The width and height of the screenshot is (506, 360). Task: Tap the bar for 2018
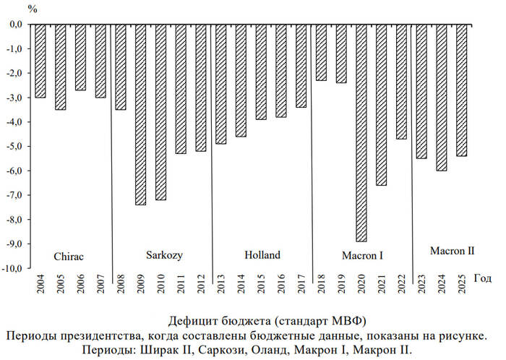(322, 52)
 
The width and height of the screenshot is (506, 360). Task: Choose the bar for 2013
(221, 84)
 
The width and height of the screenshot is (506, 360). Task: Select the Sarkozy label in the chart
(164, 255)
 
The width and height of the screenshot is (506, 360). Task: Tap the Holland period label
(262, 255)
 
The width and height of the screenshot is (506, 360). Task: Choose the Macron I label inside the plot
(362, 255)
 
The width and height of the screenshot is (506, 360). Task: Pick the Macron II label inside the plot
(452, 251)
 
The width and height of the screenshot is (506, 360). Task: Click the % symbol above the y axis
(33, 9)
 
